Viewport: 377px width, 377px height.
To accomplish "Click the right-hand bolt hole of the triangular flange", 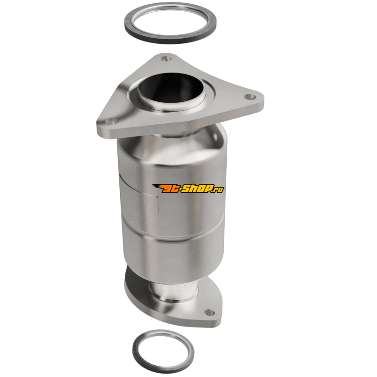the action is coord(250,97).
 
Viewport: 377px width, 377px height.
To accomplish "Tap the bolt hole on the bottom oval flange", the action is coord(209,312).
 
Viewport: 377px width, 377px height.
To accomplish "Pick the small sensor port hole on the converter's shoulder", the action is coord(215,137).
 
